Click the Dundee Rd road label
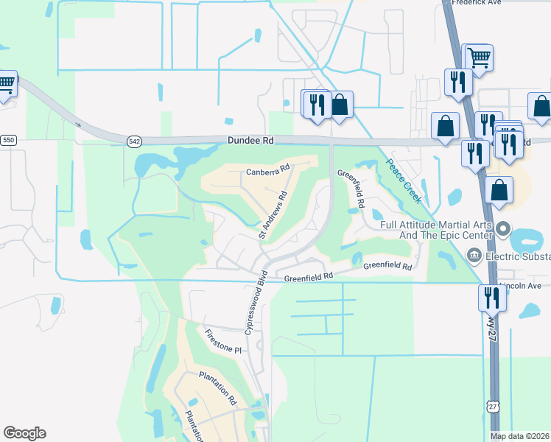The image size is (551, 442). point(250,139)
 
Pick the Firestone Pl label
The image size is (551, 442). point(223,340)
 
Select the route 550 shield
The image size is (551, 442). point(8,140)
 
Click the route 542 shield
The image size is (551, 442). point(134,141)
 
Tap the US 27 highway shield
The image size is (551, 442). point(493,406)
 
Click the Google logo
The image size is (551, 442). point(24,433)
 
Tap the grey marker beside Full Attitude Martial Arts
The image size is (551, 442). point(504,228)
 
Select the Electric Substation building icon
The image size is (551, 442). point(475,256)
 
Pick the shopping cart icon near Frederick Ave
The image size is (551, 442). point(478,57)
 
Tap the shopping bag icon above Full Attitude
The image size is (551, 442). point(499,189)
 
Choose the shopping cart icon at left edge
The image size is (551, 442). point(6,83)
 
